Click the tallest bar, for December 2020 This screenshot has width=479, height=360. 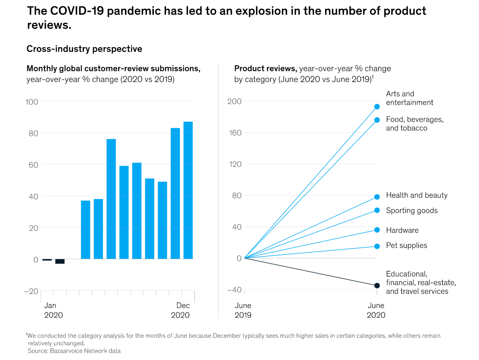tap(188, 190)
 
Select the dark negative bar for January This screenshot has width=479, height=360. tap(47, 260)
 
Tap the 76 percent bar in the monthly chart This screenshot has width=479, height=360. tap(111, 199)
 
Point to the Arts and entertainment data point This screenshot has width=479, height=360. tap(377, 106)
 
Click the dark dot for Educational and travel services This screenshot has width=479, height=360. tap(377, 286)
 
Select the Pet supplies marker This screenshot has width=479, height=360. tap(377, 246)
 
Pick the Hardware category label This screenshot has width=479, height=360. tap(402, 230)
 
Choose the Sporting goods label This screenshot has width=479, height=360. tap(412, 211)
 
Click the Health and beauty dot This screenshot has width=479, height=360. tap(377, 197)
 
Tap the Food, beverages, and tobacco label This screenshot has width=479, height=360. tap(414, 124)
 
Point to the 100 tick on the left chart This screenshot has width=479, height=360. tap(32, 102)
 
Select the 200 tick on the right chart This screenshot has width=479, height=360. tap(234, 102)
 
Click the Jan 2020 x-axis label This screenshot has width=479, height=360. tap(53, 310)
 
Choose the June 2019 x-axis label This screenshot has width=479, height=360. tap(243, 310)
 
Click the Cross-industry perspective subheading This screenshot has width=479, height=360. tap(84, 49)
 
